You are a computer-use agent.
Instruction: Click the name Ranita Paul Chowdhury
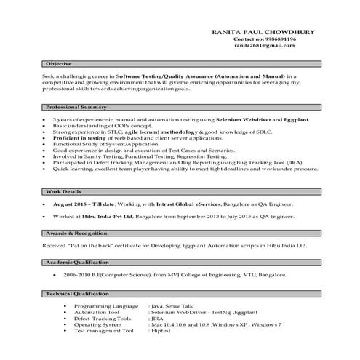point(254,31)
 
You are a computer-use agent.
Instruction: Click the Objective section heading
point(57,64)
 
